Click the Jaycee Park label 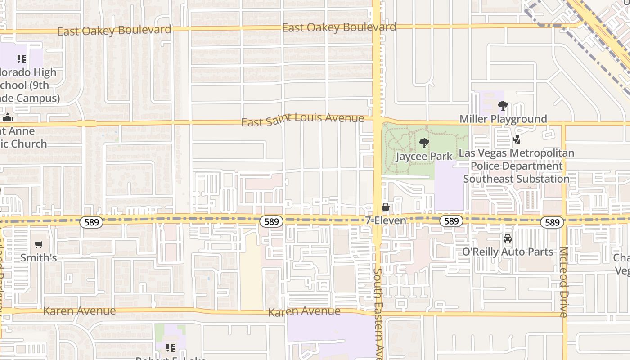click(424, 157)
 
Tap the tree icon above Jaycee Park click(424, 144)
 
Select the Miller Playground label click(503, 119)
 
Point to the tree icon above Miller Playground click(503, 106)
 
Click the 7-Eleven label click(385, 220)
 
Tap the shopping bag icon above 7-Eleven click(386, 207)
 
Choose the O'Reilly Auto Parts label click(508, 252)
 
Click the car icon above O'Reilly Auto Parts click(508, 238)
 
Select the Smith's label click(39, 258)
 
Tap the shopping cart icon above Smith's click(39, 245)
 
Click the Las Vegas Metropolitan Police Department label click(516, 166)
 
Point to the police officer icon click(517, 140)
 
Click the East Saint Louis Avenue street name click(302, 119)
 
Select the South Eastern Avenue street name click(378, 313)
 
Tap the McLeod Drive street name click(564, 282)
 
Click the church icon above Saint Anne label click(7, 118)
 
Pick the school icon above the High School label click(21, 59)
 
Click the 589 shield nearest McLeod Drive click(552, 222)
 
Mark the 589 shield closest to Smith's click(91, 222)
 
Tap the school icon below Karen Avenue click(171, 347)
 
